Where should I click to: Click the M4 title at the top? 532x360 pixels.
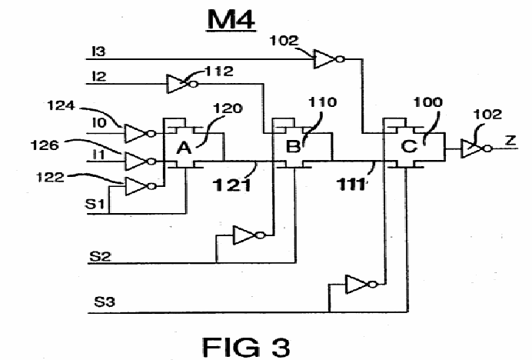tap(231, 20)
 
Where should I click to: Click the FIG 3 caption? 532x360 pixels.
tap(246, 347)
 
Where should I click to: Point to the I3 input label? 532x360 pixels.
tap(98, 52)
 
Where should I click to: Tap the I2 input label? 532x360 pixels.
tap(99, 76)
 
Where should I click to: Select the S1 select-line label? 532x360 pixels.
tap(95, 204)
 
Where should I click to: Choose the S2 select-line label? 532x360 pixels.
tap(100, 255)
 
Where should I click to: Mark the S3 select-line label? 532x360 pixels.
tap(105, 302)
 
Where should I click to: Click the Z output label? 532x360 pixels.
tap(510, 140)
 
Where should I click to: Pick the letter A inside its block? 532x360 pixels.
tap(184, 148)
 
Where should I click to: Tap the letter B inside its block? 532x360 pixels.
tap(293, 147)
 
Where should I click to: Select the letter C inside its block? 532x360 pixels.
tap(409, 146)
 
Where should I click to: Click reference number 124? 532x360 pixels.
tap(61, 105)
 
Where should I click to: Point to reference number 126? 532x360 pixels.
tap(45, 145)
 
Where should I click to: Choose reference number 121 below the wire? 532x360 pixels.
tap(232, 185)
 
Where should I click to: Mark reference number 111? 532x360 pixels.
tap(351, 185)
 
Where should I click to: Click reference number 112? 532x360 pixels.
tap(219, 72)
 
